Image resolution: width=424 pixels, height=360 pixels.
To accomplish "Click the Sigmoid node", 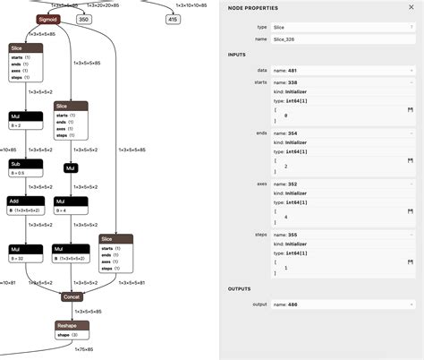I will (x=48, y=18).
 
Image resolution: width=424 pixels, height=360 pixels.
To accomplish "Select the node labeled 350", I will (x=83, y=18).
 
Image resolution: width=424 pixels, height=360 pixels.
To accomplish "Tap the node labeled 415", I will (x=173, y=18).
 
